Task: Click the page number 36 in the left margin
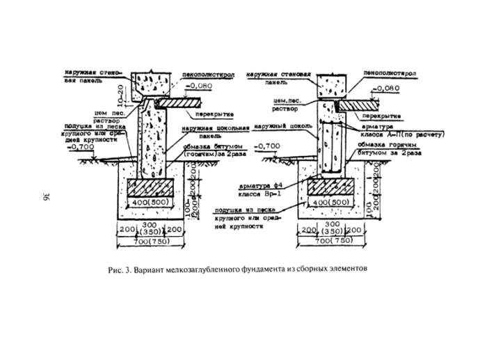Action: point(45,196)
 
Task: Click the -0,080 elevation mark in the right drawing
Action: point(388,88)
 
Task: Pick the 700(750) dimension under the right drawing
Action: point(330,240)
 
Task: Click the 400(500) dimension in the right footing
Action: point(330,202)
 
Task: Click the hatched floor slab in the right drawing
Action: point(365,103)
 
